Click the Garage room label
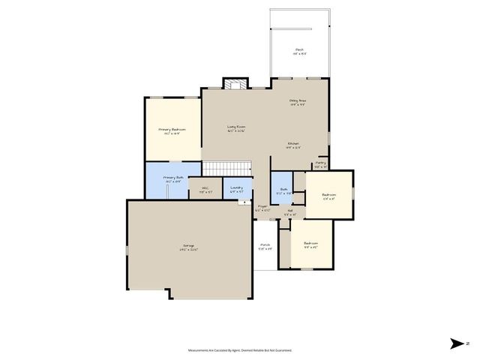(188, 247)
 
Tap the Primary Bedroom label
(172, 130)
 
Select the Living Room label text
(236, 127)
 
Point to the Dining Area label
(298, 101)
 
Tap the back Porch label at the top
(299, 51)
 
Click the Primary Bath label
(173, 178)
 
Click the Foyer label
(262, 207)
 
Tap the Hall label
(290, 211)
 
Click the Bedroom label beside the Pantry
(328, 196)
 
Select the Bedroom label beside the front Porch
(310, 244)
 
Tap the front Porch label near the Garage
(265, 246)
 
